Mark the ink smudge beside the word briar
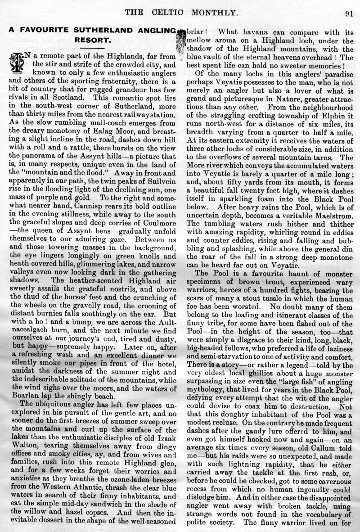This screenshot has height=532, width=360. coord(181,40)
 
